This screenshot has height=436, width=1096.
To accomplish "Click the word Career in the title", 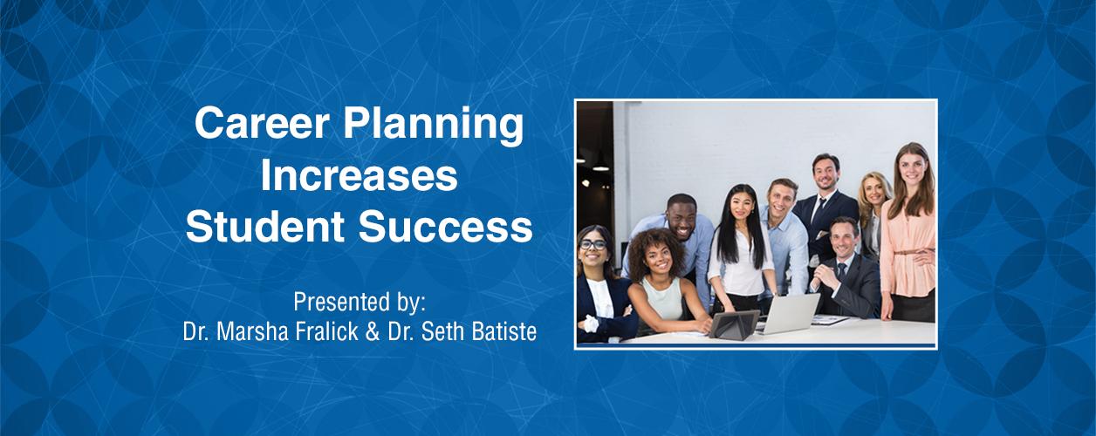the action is tap(263, 123).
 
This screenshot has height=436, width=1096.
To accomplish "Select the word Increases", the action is tap(360, 176).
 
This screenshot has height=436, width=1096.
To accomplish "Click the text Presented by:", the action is tap(360, 303).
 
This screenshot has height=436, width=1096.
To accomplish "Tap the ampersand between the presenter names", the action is tap(373, 332).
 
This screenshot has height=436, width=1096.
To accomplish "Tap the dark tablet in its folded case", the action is tap(734, 324).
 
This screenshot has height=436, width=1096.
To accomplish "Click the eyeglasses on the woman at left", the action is tap(593, 244).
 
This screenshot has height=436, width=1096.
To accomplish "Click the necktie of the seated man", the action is tap(841, 271).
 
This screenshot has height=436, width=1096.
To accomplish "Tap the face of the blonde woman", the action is tap(872, 192).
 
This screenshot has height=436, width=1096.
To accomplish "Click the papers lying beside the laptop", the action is tap(831, 320).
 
